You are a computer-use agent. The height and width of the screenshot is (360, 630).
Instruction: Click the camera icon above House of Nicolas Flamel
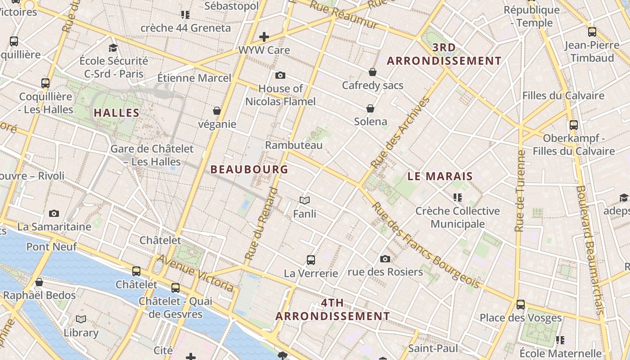(x=280, y=75)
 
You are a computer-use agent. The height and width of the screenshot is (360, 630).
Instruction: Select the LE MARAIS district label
(x=440, y=176)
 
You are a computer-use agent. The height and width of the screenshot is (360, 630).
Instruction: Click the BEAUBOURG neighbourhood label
(x=249, y=170)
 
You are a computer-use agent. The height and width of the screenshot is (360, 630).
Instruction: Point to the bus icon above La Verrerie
(x=310, y=260)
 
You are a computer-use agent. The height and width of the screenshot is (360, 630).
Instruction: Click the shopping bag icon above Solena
(x=370, y=108)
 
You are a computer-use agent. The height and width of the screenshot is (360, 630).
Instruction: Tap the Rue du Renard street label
(x=261, y=224)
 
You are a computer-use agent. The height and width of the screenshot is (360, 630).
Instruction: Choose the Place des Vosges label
(x=520, y=318)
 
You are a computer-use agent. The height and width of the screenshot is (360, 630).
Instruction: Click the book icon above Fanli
(x=305, y=200)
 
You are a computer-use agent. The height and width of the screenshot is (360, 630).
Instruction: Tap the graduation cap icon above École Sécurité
(x=113, y=48)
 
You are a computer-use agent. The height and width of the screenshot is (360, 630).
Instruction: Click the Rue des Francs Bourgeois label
(x=425, y=245)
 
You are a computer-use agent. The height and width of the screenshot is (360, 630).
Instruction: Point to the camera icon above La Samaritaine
(x=54, y=213)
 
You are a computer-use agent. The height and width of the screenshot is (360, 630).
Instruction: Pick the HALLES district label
(x=117, y=113)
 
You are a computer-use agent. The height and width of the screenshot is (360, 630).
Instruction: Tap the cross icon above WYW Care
(x=264, y=36)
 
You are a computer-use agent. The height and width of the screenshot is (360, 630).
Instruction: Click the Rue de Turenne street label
(x=521, y=191)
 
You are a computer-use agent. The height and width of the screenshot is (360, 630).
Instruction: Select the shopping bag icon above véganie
(x=217, y=111)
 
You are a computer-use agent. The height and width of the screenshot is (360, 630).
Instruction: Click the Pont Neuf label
(x=51, y=247)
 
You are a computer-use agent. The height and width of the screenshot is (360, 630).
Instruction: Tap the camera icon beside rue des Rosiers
(x=385, y=259)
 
